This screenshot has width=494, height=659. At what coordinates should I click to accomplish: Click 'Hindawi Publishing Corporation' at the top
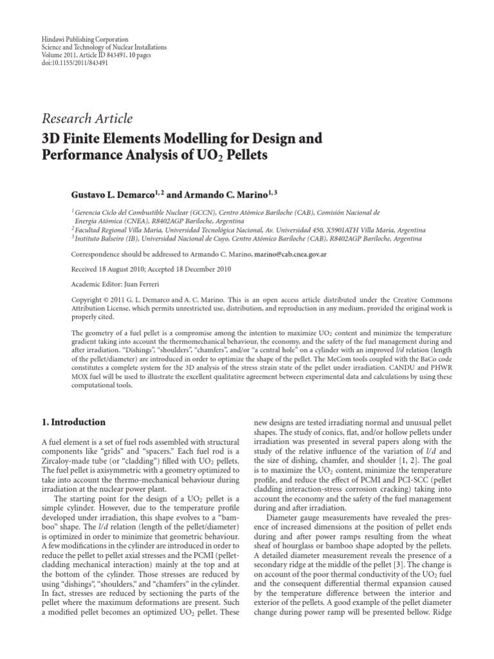[x=80, y=39]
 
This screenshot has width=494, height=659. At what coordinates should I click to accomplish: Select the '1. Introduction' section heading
[x=73, y=422]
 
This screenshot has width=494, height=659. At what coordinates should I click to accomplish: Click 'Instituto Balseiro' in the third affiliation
[x=100, y=238]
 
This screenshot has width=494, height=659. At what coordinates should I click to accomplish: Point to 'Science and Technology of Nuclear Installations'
[x=103, y=48]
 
